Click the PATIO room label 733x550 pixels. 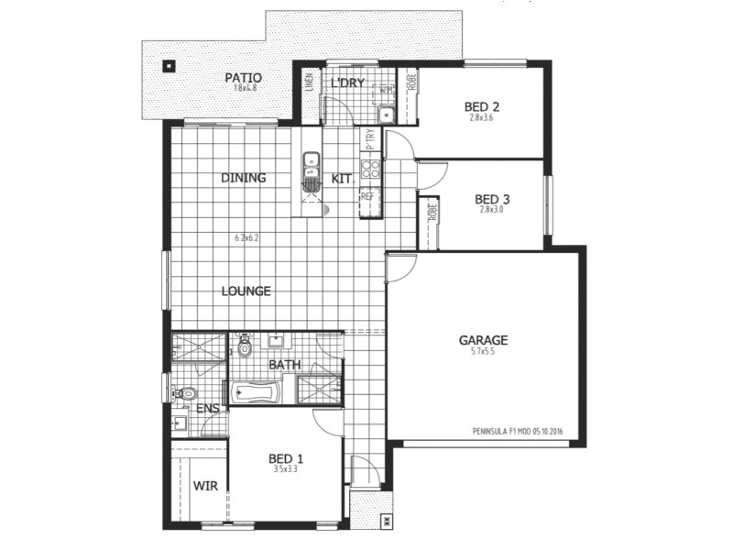pos(244,77)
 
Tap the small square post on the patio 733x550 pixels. pos(169,65)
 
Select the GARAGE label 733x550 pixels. pos(483,340)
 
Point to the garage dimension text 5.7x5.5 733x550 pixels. pos(483,353)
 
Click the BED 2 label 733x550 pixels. pos(482,104)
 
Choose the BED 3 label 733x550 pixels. pos(492,198)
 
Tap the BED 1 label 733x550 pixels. pos(286,458)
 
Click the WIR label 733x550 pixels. pos(206,486)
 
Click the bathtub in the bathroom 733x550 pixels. pos(255,391)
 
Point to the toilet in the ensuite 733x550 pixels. pos(185,394)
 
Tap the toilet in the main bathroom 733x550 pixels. pos(244,347)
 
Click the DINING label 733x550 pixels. pos(243,178)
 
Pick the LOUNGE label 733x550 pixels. pos(246,291)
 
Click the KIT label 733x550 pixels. pos(342,178)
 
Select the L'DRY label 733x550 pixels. pos(348,83)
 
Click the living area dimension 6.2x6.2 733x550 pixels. pos(247,238)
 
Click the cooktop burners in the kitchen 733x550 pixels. pos(371,169)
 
